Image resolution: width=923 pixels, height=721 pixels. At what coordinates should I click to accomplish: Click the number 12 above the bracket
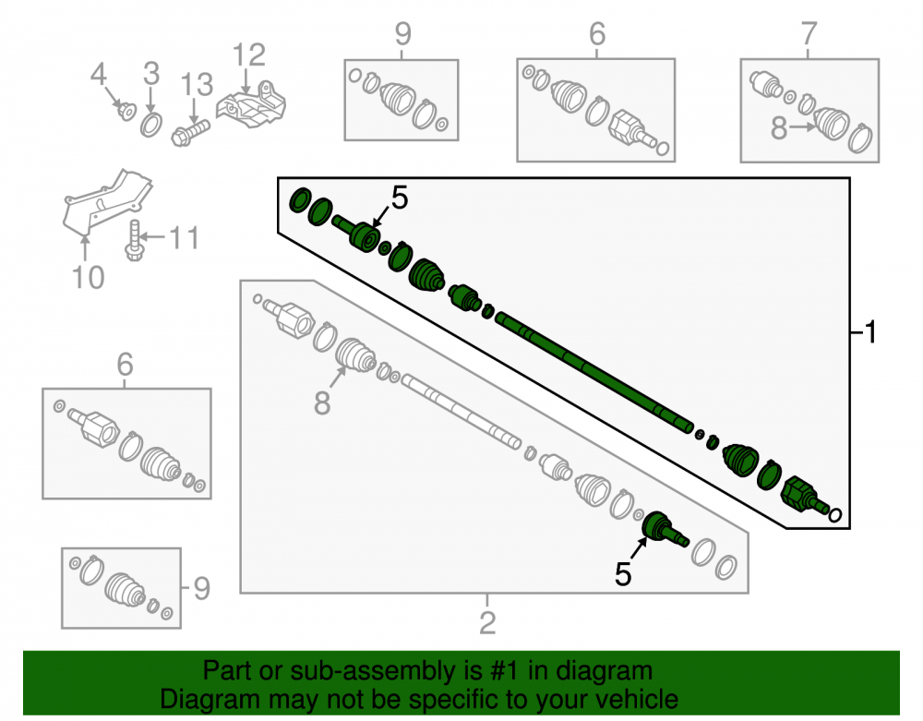click(249, 55)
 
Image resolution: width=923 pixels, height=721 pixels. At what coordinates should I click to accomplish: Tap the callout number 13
click(196, 85)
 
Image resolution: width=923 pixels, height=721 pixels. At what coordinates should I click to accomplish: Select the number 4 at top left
click(99, 75)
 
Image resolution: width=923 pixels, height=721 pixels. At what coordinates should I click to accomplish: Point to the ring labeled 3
click(151, 126)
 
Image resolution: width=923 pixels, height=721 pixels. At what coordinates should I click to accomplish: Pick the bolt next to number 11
click(135, 241)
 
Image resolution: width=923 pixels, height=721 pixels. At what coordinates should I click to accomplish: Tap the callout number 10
click(89, 277)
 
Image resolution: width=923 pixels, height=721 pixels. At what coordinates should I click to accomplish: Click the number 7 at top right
click(809, 33)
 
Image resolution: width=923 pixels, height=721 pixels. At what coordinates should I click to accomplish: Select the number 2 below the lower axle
click(487, 623)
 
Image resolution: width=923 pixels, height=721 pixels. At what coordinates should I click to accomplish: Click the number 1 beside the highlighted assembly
click(870, 332)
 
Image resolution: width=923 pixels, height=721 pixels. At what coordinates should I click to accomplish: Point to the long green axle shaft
click(593, 374)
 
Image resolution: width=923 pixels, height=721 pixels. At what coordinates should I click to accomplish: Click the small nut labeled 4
click(126, 111)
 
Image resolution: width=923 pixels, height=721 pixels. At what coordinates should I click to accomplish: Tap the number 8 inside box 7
click(779, 127)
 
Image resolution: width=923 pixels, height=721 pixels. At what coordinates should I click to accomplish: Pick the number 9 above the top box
click(402, 34)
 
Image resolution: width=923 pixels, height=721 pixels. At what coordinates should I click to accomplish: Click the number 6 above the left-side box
click(125, 365)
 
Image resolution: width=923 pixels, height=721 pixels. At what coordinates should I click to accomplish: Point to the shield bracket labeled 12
click(251, 105)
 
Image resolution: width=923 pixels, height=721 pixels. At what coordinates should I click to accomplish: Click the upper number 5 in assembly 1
click(400, 198)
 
